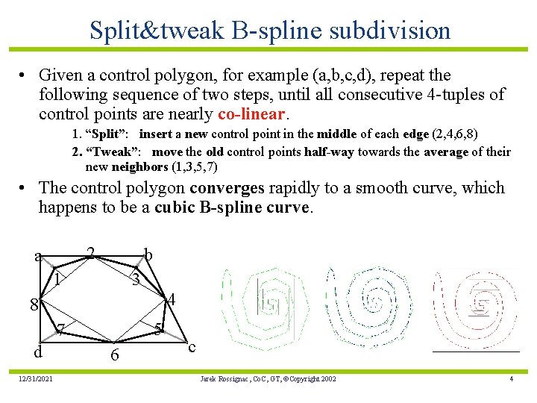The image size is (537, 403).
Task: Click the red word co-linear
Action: tap(251, 115)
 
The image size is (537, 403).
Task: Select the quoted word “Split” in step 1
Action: tap(110, 134)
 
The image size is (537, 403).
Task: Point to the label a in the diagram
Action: tap(38, 257)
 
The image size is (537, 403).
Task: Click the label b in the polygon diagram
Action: tap(148, 255)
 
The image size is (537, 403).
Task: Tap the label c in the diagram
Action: tap(192, 347)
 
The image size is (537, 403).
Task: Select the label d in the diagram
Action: tap(37, 352)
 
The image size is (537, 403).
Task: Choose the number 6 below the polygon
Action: tap(114, 356)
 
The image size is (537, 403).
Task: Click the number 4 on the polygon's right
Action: tap(171, 300)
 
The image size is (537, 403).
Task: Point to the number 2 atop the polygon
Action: tap(90, 253)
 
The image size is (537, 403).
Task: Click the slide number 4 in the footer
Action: tap(511, 379)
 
